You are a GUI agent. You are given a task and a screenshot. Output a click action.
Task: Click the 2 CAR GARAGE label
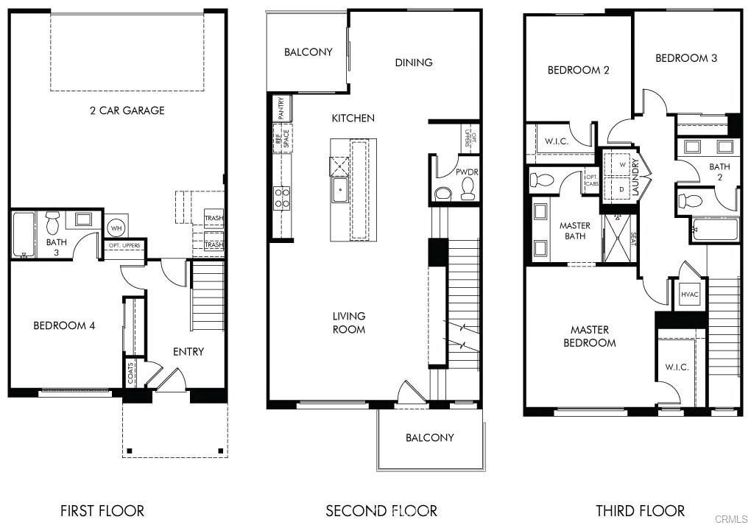127,110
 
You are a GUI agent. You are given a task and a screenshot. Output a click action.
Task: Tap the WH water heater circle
116,228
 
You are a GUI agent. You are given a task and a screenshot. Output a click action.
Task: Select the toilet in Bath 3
52,222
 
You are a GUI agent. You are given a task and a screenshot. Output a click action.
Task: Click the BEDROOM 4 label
64,325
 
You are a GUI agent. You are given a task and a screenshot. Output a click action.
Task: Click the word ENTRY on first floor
188,351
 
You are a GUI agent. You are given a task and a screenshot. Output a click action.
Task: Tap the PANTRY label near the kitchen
281,108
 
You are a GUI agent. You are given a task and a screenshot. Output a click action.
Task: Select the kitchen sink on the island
340,190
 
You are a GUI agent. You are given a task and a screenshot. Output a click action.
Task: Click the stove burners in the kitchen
282,197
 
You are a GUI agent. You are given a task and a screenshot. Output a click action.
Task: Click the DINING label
414,63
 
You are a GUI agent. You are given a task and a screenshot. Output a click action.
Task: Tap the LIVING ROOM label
349,323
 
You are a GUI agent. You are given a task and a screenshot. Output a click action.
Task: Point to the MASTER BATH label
574,230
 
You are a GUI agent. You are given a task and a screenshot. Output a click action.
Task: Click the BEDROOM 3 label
685,57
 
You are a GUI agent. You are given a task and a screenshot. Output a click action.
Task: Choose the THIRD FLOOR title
640,510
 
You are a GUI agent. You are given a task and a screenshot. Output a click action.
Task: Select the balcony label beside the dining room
308,52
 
